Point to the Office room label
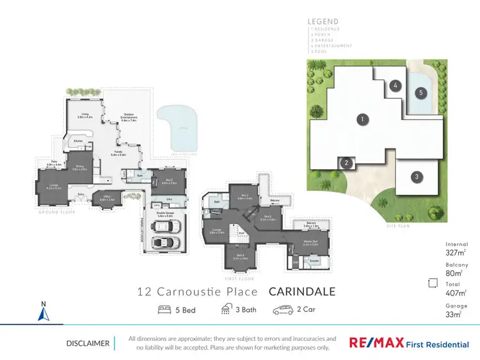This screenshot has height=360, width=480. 106,199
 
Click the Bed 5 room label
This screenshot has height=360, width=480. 168,181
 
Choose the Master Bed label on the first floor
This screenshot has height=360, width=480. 310,243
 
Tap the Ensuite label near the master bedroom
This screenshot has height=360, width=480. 315,261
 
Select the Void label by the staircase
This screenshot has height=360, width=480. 242,233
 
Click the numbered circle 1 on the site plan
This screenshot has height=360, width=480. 362,119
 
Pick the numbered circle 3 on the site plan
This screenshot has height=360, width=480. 416,176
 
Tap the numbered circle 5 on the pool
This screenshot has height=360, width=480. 420,92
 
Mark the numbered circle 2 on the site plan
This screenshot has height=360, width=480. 346,163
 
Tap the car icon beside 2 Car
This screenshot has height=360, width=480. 283,310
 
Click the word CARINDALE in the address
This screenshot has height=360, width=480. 301,292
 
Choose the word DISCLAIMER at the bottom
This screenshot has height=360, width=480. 88,343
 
